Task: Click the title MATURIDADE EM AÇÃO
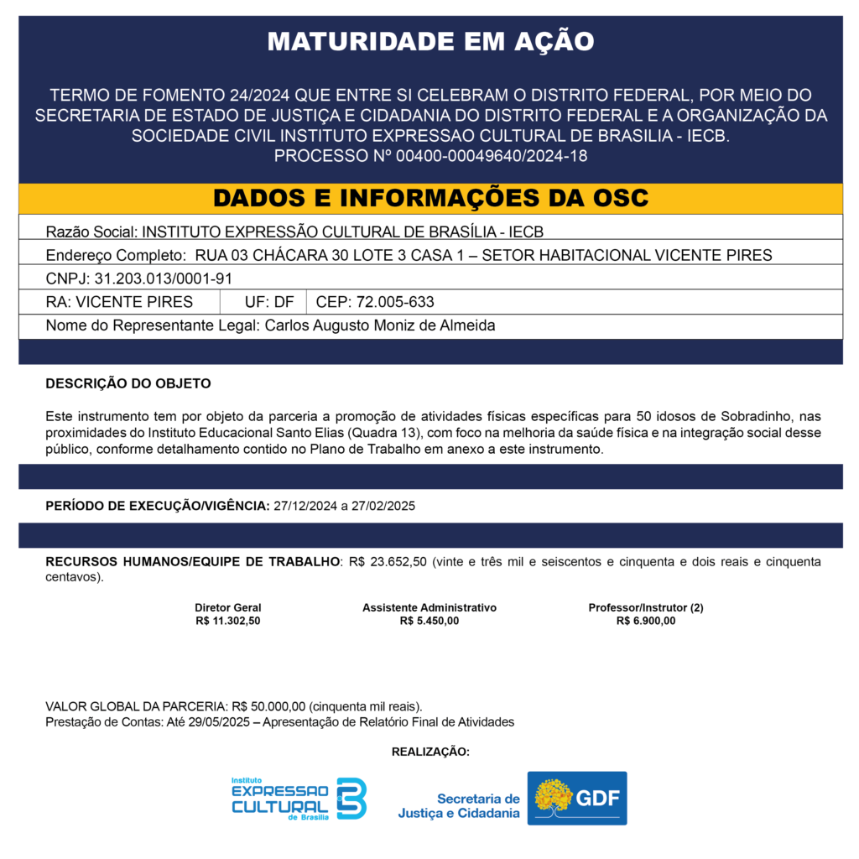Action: pos(429,41)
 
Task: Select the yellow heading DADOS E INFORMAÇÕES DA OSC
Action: pos(429,198)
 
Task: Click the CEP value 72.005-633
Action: pos(395,302)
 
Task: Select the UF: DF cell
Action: pos(268,302)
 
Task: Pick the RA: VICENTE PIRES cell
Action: pos(119,302)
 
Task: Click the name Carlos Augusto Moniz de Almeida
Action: pos(380,325)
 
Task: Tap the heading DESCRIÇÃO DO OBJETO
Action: pos(128,383)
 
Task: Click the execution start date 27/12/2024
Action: pos(305,506)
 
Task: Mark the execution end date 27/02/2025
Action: pos(383,506)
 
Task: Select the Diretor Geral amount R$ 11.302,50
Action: pos(228,621)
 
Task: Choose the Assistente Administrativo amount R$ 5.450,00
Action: pos(429,621)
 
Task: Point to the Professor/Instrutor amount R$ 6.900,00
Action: pos(646,621)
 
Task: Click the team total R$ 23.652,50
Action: pos(388,561)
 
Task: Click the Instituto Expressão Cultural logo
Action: pos(299,798)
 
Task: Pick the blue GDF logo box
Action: pos(576,798)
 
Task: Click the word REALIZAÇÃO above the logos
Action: pos(430,752)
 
